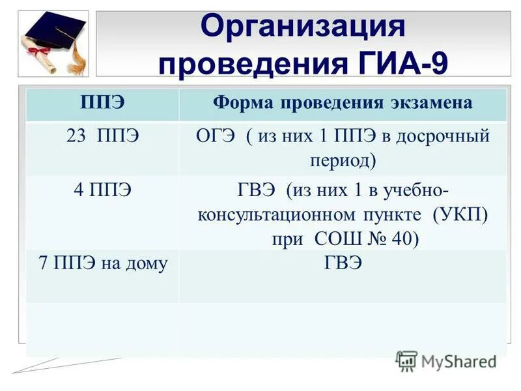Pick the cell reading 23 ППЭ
102,138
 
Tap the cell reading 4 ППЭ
102,190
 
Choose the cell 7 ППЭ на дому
102,263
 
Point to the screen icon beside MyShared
406,361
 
